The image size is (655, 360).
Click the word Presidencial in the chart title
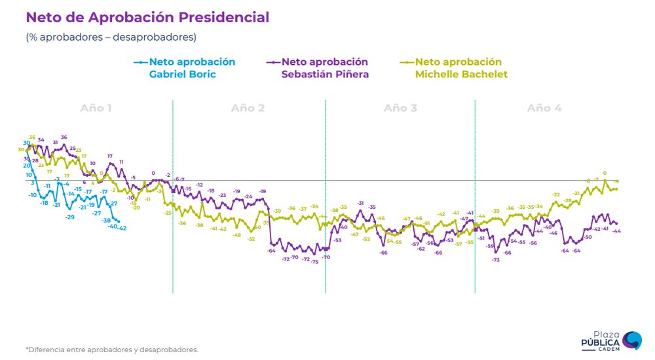(222, 18)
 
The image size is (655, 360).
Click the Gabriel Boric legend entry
(191, 67)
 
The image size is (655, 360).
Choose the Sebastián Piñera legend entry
(324, 67)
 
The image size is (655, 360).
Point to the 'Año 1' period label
(96, 108)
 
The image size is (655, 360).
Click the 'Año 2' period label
(248, 108)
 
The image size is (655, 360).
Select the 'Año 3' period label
(400, 108)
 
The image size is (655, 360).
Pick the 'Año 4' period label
(544, 108)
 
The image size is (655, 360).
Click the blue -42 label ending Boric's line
(122, 228)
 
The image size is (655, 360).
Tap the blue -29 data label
(70, 217)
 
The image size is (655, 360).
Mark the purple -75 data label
(314, 262)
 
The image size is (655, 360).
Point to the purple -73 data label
(496, 260)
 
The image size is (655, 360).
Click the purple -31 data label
(360, 203)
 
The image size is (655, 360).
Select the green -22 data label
(556, 194)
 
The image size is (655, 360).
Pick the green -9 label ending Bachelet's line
(617, 181)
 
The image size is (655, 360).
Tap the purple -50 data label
(588, 237)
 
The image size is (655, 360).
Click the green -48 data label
(236, 235)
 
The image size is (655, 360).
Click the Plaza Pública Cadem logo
(612, 340)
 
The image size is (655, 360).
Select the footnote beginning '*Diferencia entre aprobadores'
(111, 350)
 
